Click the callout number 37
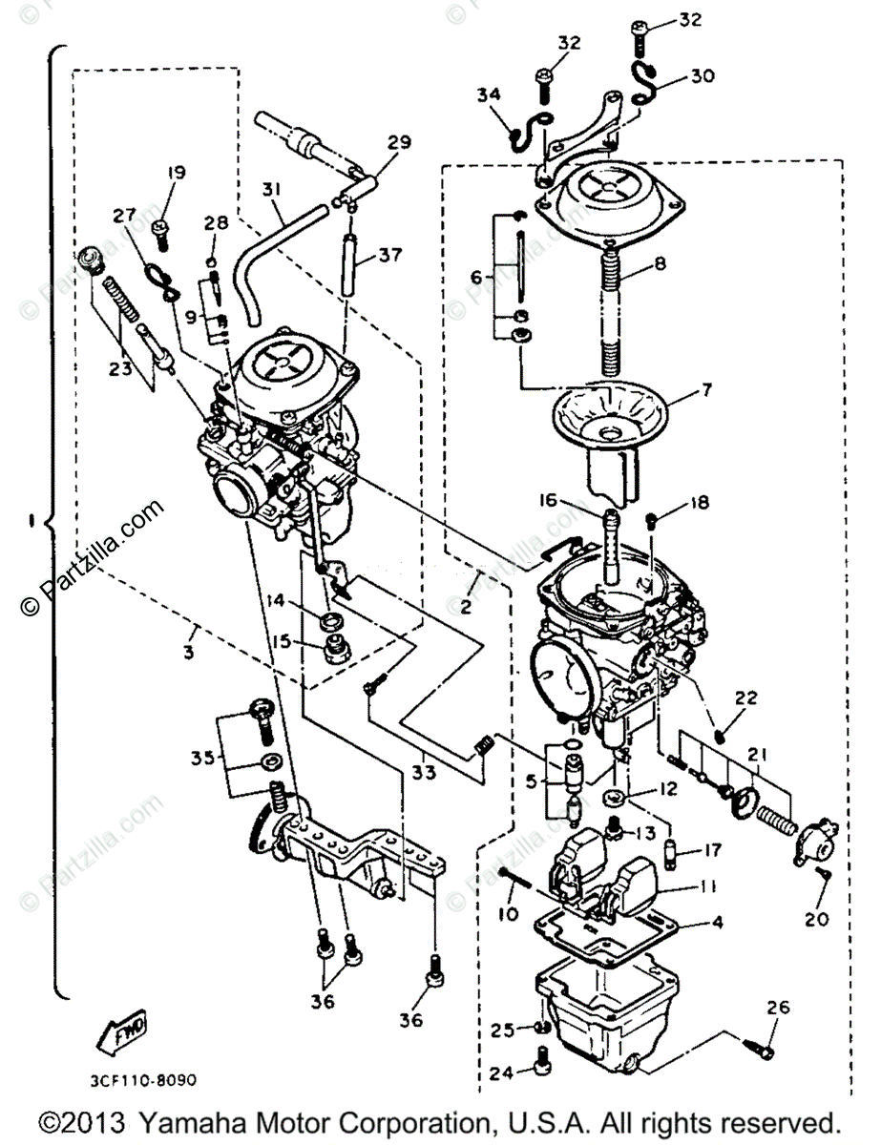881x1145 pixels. [389, 255]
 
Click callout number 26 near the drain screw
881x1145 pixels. [778, 1008]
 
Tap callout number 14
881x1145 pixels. [275, 601]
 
